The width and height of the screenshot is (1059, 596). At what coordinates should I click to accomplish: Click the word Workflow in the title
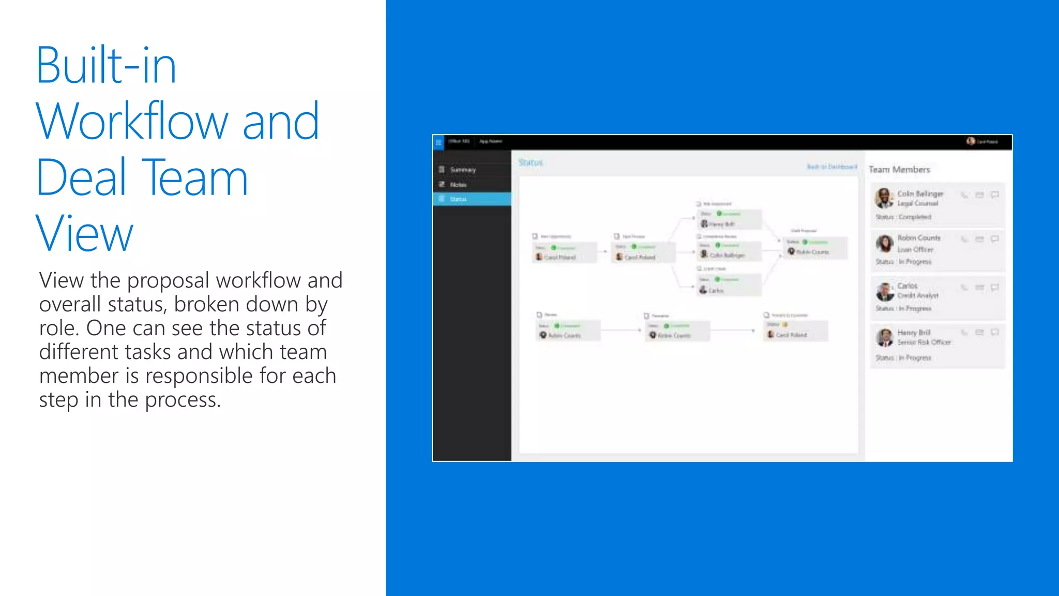tap(132, 122)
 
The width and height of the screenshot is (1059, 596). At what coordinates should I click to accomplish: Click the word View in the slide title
tap(84, 234)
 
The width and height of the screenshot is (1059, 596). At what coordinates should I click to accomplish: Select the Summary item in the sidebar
tap(462, 170)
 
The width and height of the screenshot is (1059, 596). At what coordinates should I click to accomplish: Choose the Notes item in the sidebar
tap(458, 185)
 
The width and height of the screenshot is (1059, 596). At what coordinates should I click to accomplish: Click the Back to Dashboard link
tap(831, 167)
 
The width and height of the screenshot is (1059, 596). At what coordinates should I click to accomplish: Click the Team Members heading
tap(899, 170)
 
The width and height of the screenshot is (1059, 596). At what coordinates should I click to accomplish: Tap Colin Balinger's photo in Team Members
tap(884, 198)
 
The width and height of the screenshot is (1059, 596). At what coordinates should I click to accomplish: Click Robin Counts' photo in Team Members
tap(884, 243)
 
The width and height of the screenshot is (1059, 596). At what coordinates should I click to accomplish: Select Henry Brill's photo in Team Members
tap(885, 338)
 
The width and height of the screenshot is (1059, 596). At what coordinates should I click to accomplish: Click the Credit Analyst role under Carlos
tap(918, 295)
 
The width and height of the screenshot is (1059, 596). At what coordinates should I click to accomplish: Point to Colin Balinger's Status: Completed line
tap(903, 217)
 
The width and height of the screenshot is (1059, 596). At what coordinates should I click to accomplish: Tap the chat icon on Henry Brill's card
tap(994, 333)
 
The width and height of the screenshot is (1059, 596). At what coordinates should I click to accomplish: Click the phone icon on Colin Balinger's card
tap(964, 195)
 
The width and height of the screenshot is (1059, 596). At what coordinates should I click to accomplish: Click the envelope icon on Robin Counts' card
tap(979, 239)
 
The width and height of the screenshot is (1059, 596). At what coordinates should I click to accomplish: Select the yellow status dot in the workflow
tap(785, 324)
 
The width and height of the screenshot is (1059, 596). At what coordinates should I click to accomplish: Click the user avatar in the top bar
tap(971, 141)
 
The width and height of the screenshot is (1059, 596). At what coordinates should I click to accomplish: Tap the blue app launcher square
tap(438, 142)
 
